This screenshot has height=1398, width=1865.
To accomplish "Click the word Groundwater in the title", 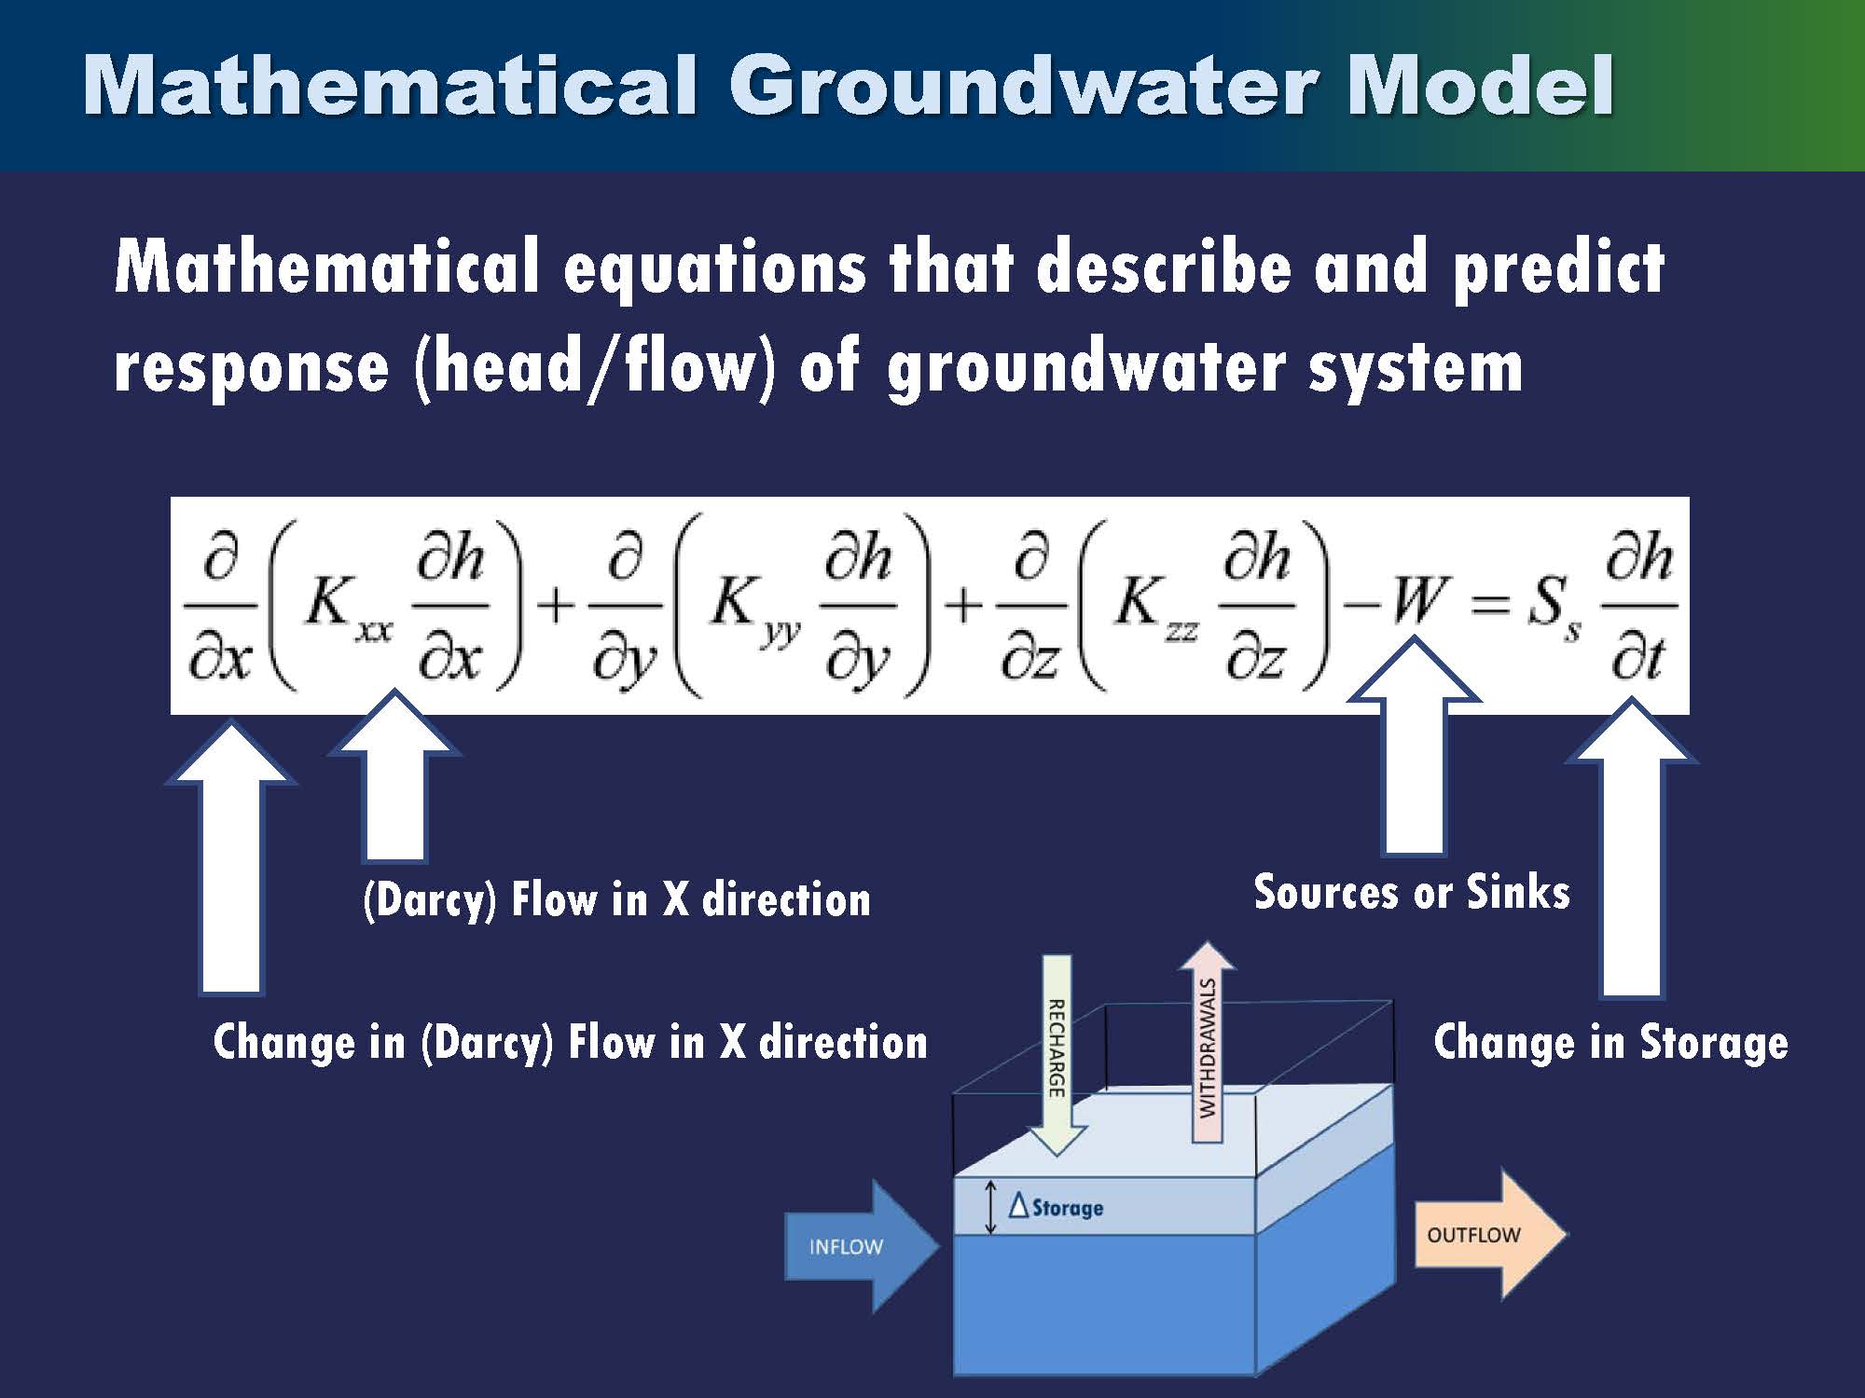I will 1026,86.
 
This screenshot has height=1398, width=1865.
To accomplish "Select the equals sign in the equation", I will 1489,606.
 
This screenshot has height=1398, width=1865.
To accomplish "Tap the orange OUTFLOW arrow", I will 1487,1235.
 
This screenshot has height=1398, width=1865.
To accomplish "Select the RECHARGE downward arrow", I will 1057,1053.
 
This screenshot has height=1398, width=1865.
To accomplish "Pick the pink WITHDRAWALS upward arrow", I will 1208,1044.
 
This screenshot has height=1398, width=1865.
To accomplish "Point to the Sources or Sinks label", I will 1411,892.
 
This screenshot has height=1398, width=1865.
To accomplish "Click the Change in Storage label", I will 1610,1041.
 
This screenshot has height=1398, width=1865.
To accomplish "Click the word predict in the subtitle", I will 1557,268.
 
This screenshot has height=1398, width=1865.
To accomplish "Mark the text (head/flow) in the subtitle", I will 595,366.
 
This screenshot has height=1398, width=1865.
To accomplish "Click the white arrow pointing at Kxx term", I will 394,783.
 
